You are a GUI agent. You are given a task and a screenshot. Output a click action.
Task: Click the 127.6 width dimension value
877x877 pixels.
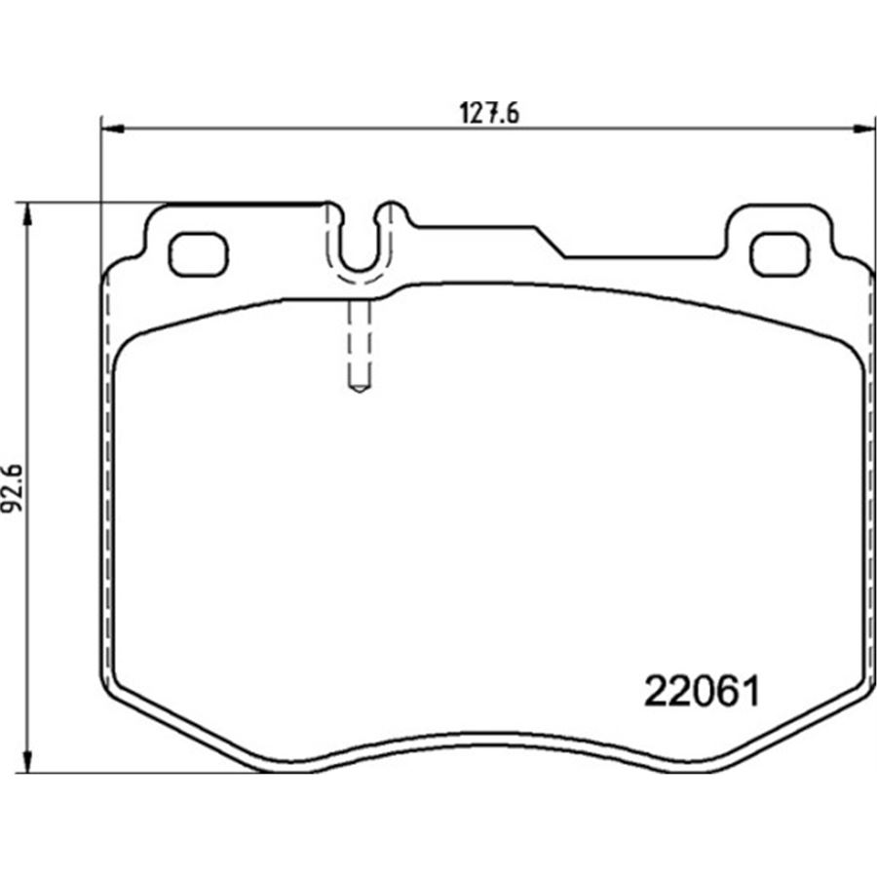(489, 113)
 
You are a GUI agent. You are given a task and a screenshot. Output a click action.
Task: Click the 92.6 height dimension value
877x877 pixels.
(13, 488)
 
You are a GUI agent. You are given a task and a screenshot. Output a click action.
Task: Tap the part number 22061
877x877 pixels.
(703, 691)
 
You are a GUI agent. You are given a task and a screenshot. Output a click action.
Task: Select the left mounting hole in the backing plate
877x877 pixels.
(199, 254)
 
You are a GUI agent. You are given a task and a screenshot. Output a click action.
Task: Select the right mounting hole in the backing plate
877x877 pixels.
(780, 254)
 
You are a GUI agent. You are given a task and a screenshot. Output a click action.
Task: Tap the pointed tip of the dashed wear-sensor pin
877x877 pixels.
(359, 392)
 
